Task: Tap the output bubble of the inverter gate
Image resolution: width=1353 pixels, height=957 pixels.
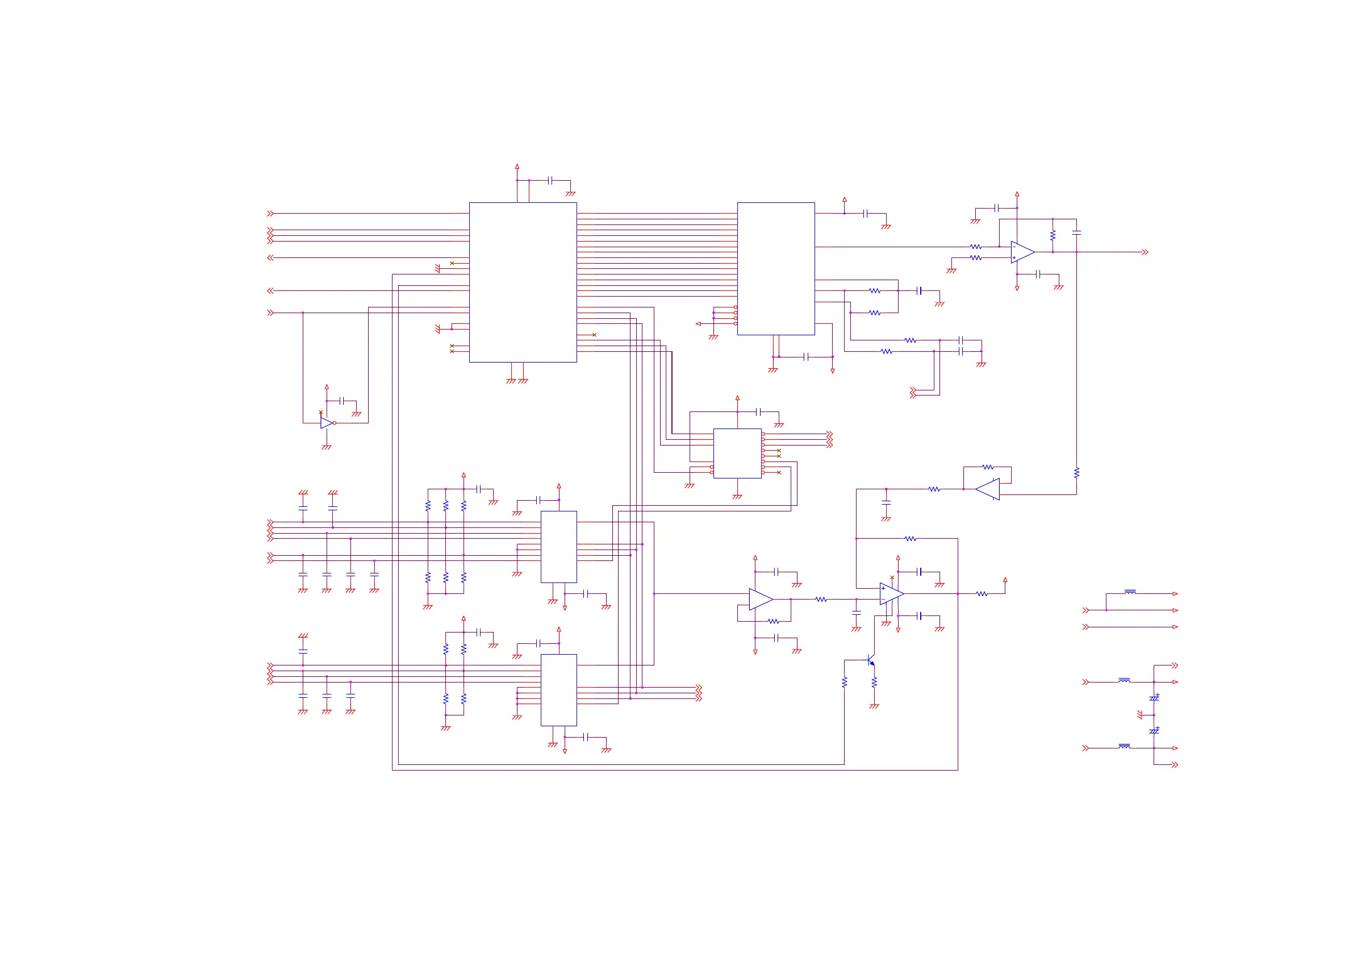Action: (335, 423)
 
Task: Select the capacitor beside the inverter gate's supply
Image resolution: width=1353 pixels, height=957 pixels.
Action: (341, 401)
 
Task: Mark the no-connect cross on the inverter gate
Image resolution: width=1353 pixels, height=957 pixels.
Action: (320, 412)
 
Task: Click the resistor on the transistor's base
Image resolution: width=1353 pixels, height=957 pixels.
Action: (845, 681)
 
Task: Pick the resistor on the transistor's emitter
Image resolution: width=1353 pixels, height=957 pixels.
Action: (874, 681)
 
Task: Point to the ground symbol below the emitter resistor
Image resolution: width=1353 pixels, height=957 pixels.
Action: (874, 706)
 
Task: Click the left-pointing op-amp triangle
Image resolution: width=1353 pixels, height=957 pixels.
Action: (988, 489)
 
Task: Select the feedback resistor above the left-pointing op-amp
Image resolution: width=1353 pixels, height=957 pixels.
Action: (988, 467)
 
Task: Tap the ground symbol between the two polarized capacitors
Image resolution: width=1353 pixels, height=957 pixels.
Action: (1139, 715)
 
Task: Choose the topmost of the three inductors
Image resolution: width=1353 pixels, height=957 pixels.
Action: (1130, 592)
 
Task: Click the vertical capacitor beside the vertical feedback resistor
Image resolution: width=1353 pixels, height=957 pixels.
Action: (1076, 232)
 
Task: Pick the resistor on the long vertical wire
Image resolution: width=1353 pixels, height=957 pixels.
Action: (1076, 472)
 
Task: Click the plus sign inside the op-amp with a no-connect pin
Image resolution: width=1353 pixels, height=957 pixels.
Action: (883, 589)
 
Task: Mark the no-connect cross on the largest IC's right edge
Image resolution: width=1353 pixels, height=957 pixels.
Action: (595, 335)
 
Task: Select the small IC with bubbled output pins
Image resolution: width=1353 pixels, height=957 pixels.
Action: (737, 453)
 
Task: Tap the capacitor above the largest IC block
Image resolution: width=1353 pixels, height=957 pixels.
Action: (550, 181)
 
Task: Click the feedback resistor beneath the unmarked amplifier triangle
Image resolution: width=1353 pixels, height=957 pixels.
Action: (773, 622)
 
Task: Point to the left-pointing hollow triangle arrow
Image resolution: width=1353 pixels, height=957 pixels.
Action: (698, 324)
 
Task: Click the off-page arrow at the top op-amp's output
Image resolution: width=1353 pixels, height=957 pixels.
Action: (1145, 252)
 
